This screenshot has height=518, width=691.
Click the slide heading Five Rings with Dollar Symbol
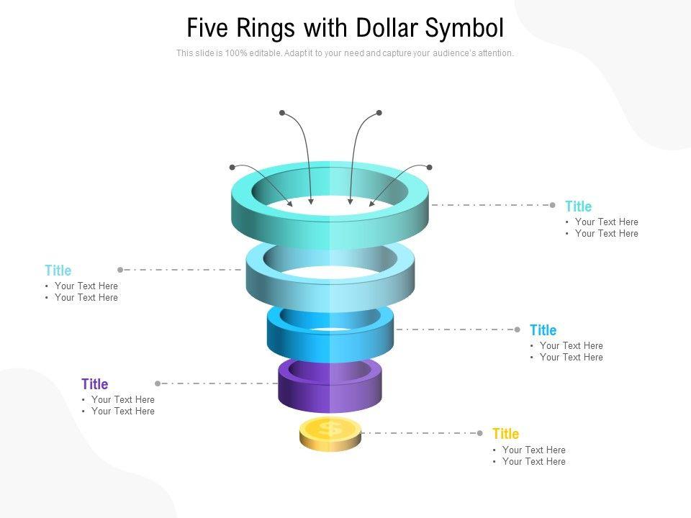[345, 28]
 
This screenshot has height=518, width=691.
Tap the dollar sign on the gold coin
[330, 430]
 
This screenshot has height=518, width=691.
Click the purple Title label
[94, 384]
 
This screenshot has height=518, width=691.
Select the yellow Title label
[505, 434]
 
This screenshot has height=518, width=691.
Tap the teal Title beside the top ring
[578, 206]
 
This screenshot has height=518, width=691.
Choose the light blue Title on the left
[58, 271]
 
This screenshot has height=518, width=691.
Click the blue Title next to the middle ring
[543, 330]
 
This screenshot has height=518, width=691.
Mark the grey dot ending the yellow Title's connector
[480, 433]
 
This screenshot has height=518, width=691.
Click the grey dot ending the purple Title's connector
[158, 383]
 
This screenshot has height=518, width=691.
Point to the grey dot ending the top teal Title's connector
[552, 205]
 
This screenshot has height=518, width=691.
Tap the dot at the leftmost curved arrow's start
[232, 167]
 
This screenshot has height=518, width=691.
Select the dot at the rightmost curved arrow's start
[429, 167]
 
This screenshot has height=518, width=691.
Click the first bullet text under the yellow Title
[533, 450]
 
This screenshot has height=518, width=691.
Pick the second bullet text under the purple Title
[122, 412]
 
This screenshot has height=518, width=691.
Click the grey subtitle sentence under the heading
[345, 53]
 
